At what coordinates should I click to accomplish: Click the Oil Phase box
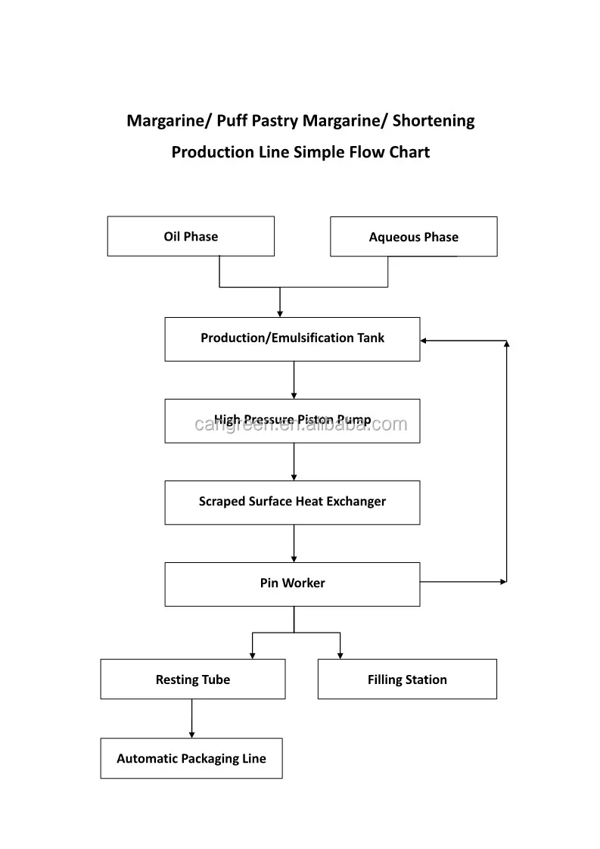191,236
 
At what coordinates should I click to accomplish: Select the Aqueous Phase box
413,237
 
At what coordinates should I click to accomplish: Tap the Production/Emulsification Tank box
292,338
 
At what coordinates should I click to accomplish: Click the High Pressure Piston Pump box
292,421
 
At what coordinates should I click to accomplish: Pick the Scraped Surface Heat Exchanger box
292,502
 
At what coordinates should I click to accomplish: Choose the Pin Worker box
292,583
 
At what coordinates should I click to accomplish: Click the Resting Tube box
192,679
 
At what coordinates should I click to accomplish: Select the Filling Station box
407,679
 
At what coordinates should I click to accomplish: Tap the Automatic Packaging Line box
191,758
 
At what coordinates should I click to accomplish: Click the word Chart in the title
409,152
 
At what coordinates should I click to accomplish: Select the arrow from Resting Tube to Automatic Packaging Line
191,718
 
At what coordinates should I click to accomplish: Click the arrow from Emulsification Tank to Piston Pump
294,380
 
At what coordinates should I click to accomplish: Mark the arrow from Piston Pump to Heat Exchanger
294,462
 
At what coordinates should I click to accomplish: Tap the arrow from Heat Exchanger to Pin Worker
294,543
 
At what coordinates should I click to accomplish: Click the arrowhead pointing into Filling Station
340,655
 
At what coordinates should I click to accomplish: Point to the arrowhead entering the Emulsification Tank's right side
424,341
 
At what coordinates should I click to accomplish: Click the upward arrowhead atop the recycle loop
506,344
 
